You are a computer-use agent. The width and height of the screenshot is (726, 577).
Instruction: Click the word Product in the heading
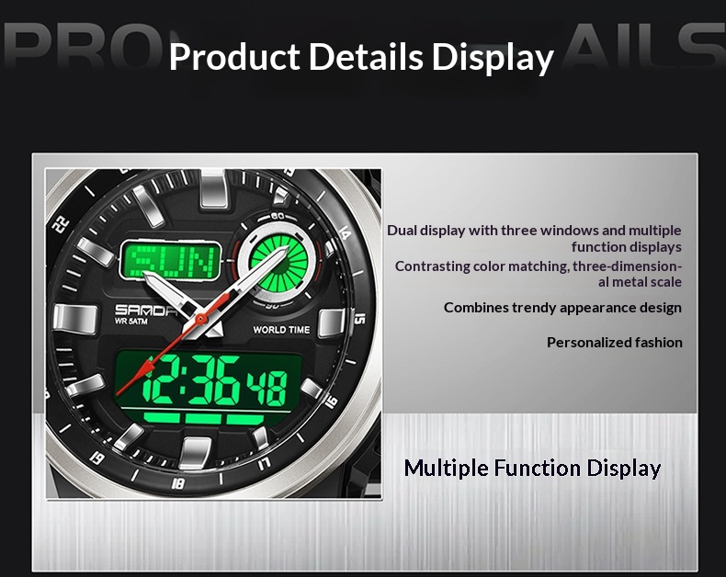pos(234,57)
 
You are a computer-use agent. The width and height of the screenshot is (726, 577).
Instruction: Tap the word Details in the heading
pos(366,57)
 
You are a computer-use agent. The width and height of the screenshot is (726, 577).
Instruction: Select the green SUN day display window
pos(170,261)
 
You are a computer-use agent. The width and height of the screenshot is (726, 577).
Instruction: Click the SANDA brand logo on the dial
pos(145,310)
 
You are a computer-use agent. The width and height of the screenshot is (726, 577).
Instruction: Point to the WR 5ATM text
pos(131,322)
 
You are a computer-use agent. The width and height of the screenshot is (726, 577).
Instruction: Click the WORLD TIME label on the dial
pos(281,330)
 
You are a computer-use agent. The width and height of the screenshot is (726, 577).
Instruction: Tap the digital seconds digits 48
pos(267,389)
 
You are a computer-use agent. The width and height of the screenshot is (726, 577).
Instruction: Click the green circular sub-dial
pos(278,264)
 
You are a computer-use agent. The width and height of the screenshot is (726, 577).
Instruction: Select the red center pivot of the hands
pos(200,319)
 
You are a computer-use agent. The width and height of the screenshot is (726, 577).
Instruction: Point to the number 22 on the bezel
pos(61,224)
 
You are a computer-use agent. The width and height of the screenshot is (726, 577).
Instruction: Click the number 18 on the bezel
pos(177,484)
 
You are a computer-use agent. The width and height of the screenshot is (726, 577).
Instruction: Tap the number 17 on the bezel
pos(264,463)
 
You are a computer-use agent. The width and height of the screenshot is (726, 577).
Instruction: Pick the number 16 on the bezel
pos(332,401)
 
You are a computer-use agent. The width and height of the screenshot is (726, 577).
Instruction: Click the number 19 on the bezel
pos(96,458)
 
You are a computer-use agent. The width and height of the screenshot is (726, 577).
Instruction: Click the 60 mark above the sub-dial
pos(278,216)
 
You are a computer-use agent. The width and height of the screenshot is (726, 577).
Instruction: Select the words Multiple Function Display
pos(532,469)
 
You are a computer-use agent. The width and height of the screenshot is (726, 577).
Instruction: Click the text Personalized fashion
pos(615,342)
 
